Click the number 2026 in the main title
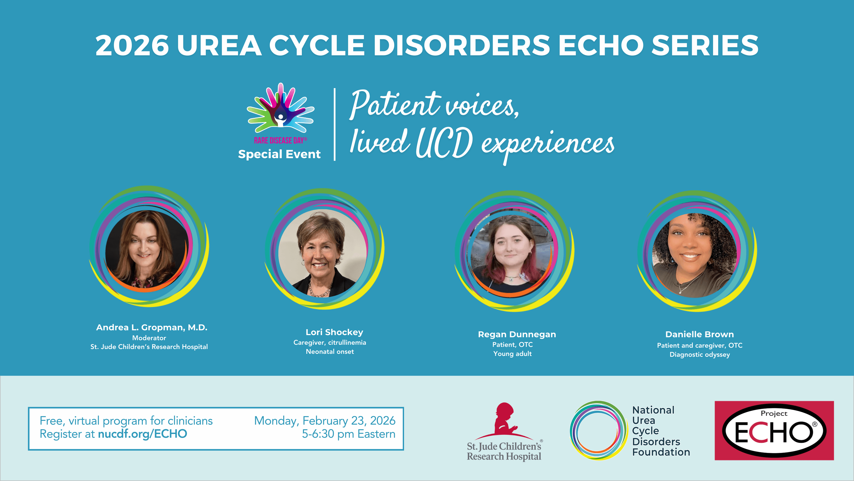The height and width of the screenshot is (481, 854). [132, 45]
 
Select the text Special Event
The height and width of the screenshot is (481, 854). [279, 154]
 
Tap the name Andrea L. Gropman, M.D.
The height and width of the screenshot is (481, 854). [152, 327]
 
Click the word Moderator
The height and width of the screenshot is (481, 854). [149, 338]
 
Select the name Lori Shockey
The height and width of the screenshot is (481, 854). [334, 332]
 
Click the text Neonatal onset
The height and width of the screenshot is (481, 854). [330, 352]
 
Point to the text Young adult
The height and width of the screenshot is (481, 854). [512, 354]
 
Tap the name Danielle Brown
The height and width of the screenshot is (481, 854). [699, 334]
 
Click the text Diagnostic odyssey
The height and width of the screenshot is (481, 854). [699, 355]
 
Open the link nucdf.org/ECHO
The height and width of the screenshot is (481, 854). [143, 434]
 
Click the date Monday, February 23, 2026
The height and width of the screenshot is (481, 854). [325, 421]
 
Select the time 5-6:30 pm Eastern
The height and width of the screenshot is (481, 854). [349, 434]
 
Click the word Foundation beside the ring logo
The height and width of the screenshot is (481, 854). [661, 452]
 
